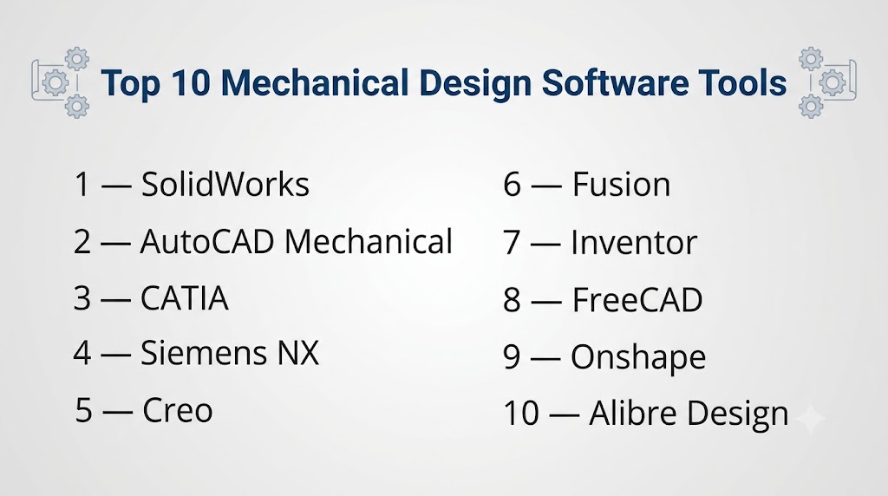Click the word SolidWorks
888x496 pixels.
click(x=225, y=184)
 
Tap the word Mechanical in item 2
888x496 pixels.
click(x=369, y=242)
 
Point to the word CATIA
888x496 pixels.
click(x=185, y=298)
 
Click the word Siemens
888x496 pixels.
click(x=204, y=353)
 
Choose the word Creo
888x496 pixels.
click(x=178, y=410)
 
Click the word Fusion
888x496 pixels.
click(x=621, y=185)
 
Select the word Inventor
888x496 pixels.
click(x=634, y=243)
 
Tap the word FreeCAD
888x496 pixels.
click(x=637, y=299)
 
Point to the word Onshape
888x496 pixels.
click(x=639, y=358)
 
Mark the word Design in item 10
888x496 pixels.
click(x=738, y=414)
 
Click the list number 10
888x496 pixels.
click(x=521, y=414)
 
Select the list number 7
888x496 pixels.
click(x=512, y=243)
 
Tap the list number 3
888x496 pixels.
click(x=82, y=298)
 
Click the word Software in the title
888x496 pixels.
click(x=615, y=82)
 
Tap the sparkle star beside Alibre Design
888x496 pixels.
click(x=811, y=419)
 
